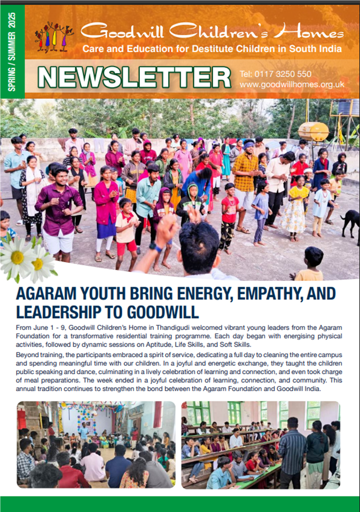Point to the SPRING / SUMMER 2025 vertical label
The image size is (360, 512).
point(12,51)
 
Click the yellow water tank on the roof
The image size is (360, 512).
point(313,131)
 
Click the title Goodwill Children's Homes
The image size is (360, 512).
point(212,33)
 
